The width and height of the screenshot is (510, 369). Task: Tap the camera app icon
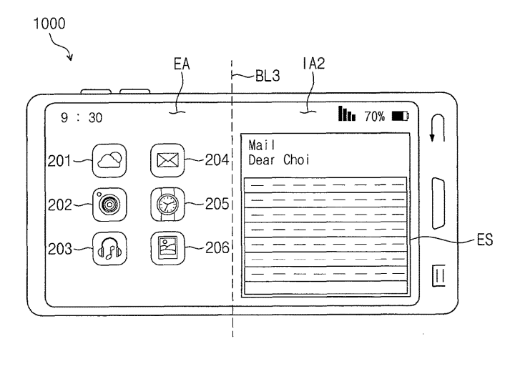point(108,205)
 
